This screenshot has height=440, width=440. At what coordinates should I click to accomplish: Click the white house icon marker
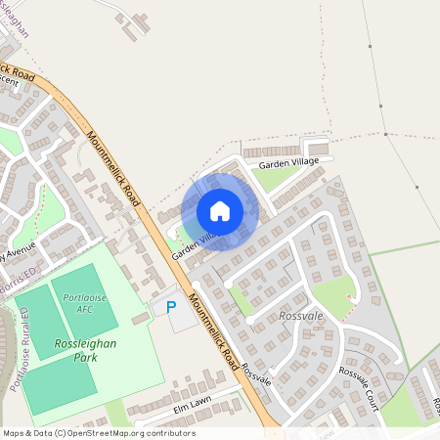pos(220,211)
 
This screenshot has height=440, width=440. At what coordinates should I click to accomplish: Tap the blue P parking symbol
pos(172,307)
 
